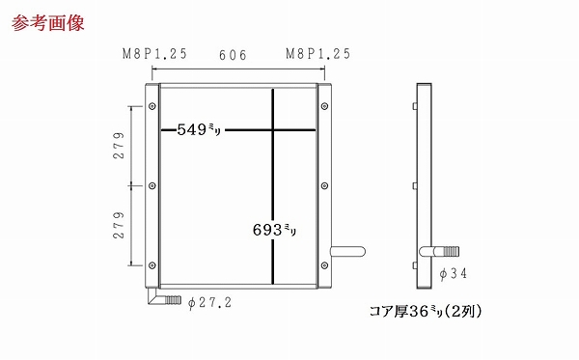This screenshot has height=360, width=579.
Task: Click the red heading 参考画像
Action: coord(48,23)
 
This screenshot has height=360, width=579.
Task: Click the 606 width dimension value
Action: coord(233,55)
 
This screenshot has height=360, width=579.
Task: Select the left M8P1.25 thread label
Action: coord(154,54)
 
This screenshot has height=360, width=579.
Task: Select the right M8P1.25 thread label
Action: coord(317,54)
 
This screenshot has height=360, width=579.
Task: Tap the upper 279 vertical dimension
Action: coord(119,146)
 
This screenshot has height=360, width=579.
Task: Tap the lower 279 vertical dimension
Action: coord(119,225)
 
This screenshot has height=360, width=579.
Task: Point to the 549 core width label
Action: coord(199,129)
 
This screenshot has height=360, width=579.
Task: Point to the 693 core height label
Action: coord(274,230)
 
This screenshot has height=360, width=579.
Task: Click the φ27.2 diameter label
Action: coord(209,303)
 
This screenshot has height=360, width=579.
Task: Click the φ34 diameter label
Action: coord(454,273)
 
